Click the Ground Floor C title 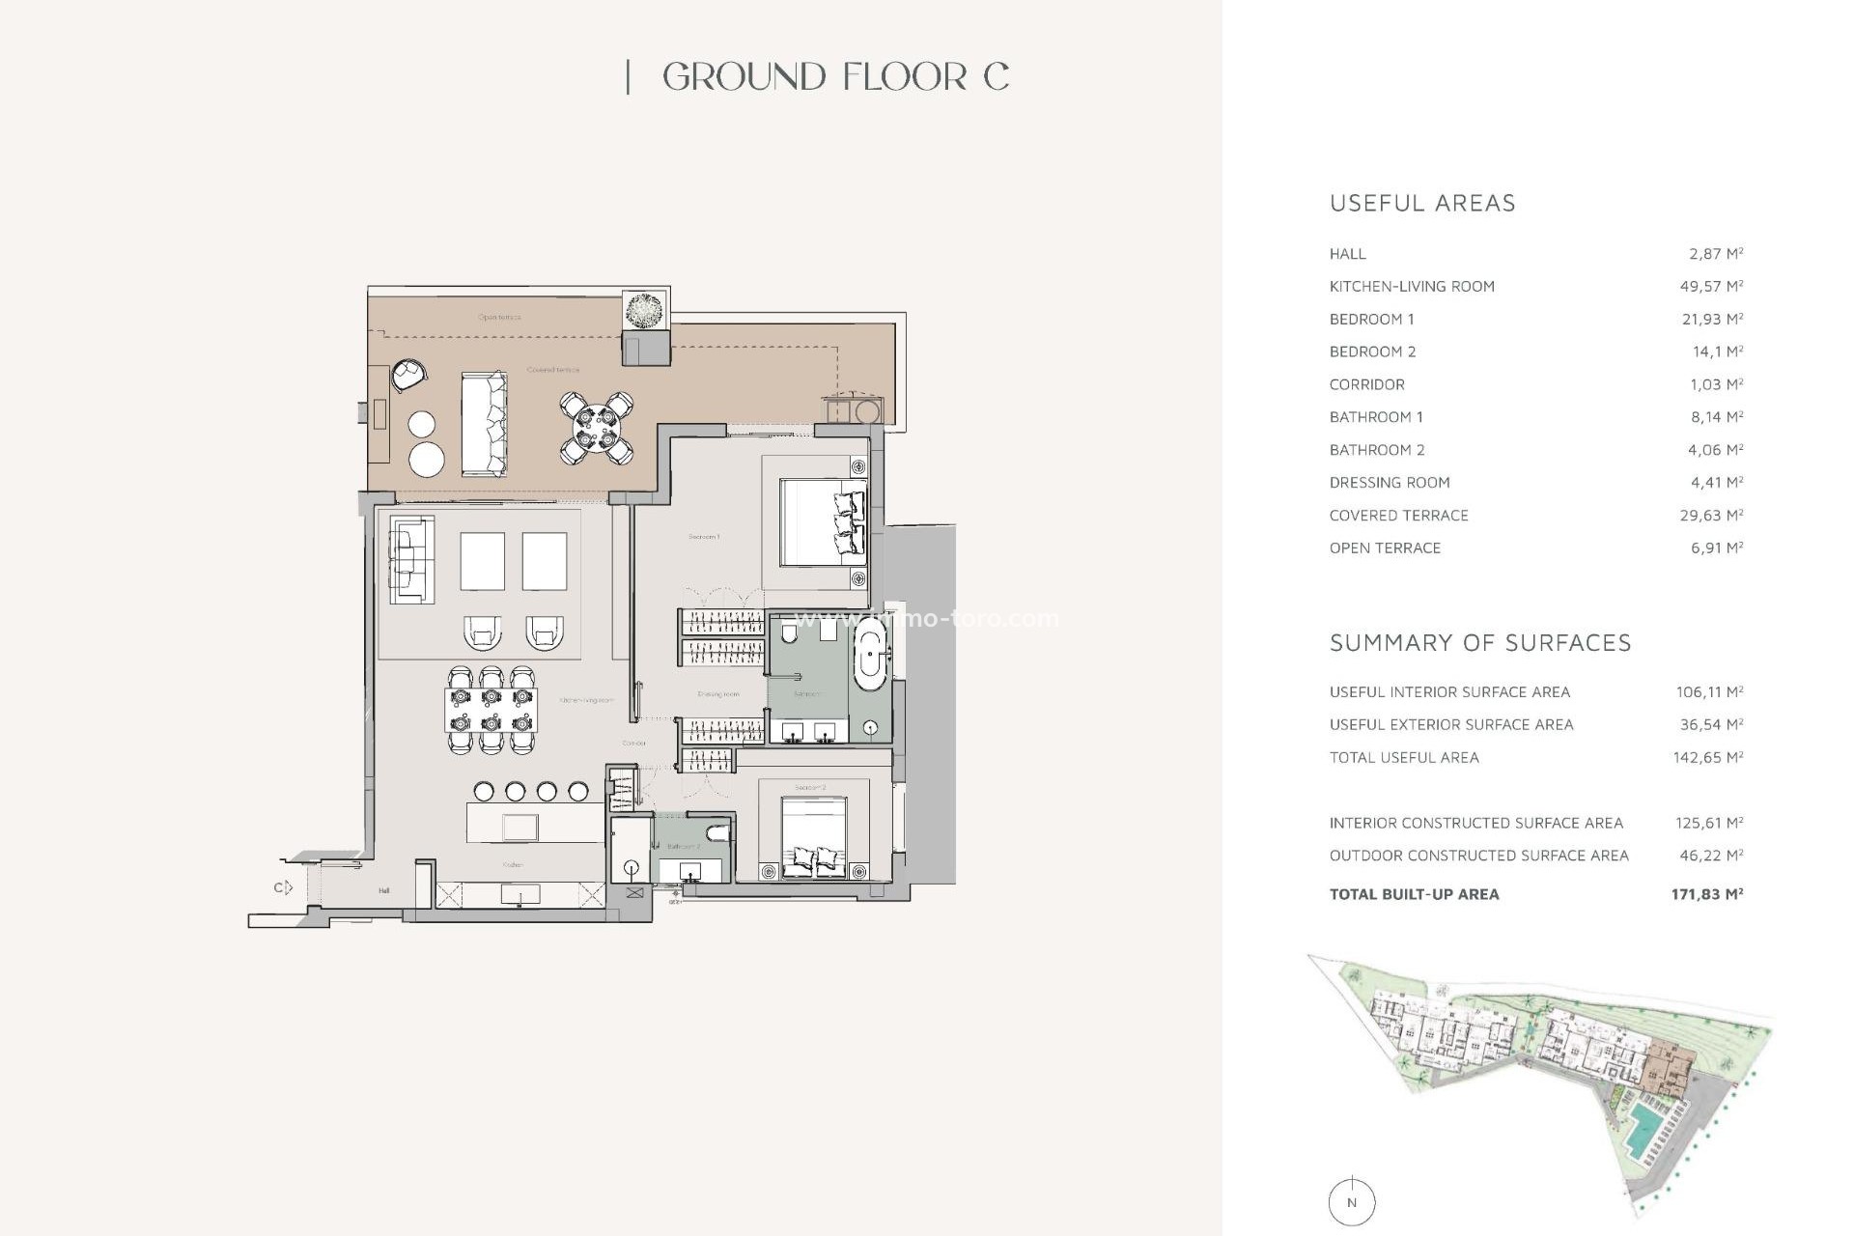click(x=835, y=77)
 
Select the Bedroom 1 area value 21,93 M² click(x=1711, y=319)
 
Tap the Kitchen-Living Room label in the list click(x=1411, y=287)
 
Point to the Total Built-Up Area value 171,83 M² click(x=1706, y=894)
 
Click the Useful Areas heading click(x=1421, y=203)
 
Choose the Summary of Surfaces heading click(x=1479, y=643)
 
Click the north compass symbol click(x=1351, y=1202)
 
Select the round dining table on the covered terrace click(x=596, y=428)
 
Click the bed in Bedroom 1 click(x=822, y=522)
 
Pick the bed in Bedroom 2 click(x=813, y=836)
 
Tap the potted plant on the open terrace click(x=645, y=311)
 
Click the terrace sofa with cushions click(x=484, y=424)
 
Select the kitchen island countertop click(x=536, y=823)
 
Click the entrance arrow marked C click(x=283, y=887)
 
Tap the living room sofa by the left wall click(x=411, y=559)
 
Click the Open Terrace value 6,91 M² click(x=1716, y=548)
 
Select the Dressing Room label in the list click(x=1389, y=483)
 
